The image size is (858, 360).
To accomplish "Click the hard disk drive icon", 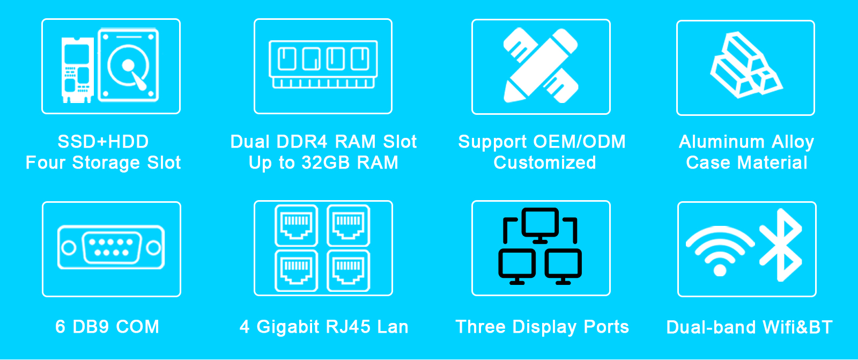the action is pyautogui.click(x=128, y=65).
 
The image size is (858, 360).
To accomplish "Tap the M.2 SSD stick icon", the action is pyautogui.click(x=78, y=70).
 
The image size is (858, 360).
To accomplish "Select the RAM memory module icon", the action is pyautogui.click(x=323, y=64).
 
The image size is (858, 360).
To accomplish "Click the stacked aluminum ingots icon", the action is pyautogui.click(x=746, y=65).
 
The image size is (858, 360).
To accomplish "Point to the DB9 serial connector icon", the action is pyautogui.click(x=111, y=247).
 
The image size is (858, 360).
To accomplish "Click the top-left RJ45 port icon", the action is pyautogui.click(x=296, y=225).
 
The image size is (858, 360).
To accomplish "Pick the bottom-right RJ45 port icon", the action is pyautogui.click(x=348, y=271).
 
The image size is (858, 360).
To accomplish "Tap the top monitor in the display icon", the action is pyautogui.click(x=540, y=225).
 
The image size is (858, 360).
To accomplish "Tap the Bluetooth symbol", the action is pyautogui.click(x=781, y=245).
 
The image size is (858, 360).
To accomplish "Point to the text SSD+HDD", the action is pyautogui.click(x=103, y=142).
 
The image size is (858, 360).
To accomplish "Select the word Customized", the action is pyautogui.click(x=545, y=163).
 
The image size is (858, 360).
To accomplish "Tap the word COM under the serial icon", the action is pyautogui.click(x=137, y=327).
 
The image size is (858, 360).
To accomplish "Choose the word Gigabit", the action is pyautogui.click(x=287, y=327).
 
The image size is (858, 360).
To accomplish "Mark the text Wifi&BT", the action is pyautogui.click(x=797, y=327).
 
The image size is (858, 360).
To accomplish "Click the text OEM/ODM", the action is pyautogui.click(x=580, y=142).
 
